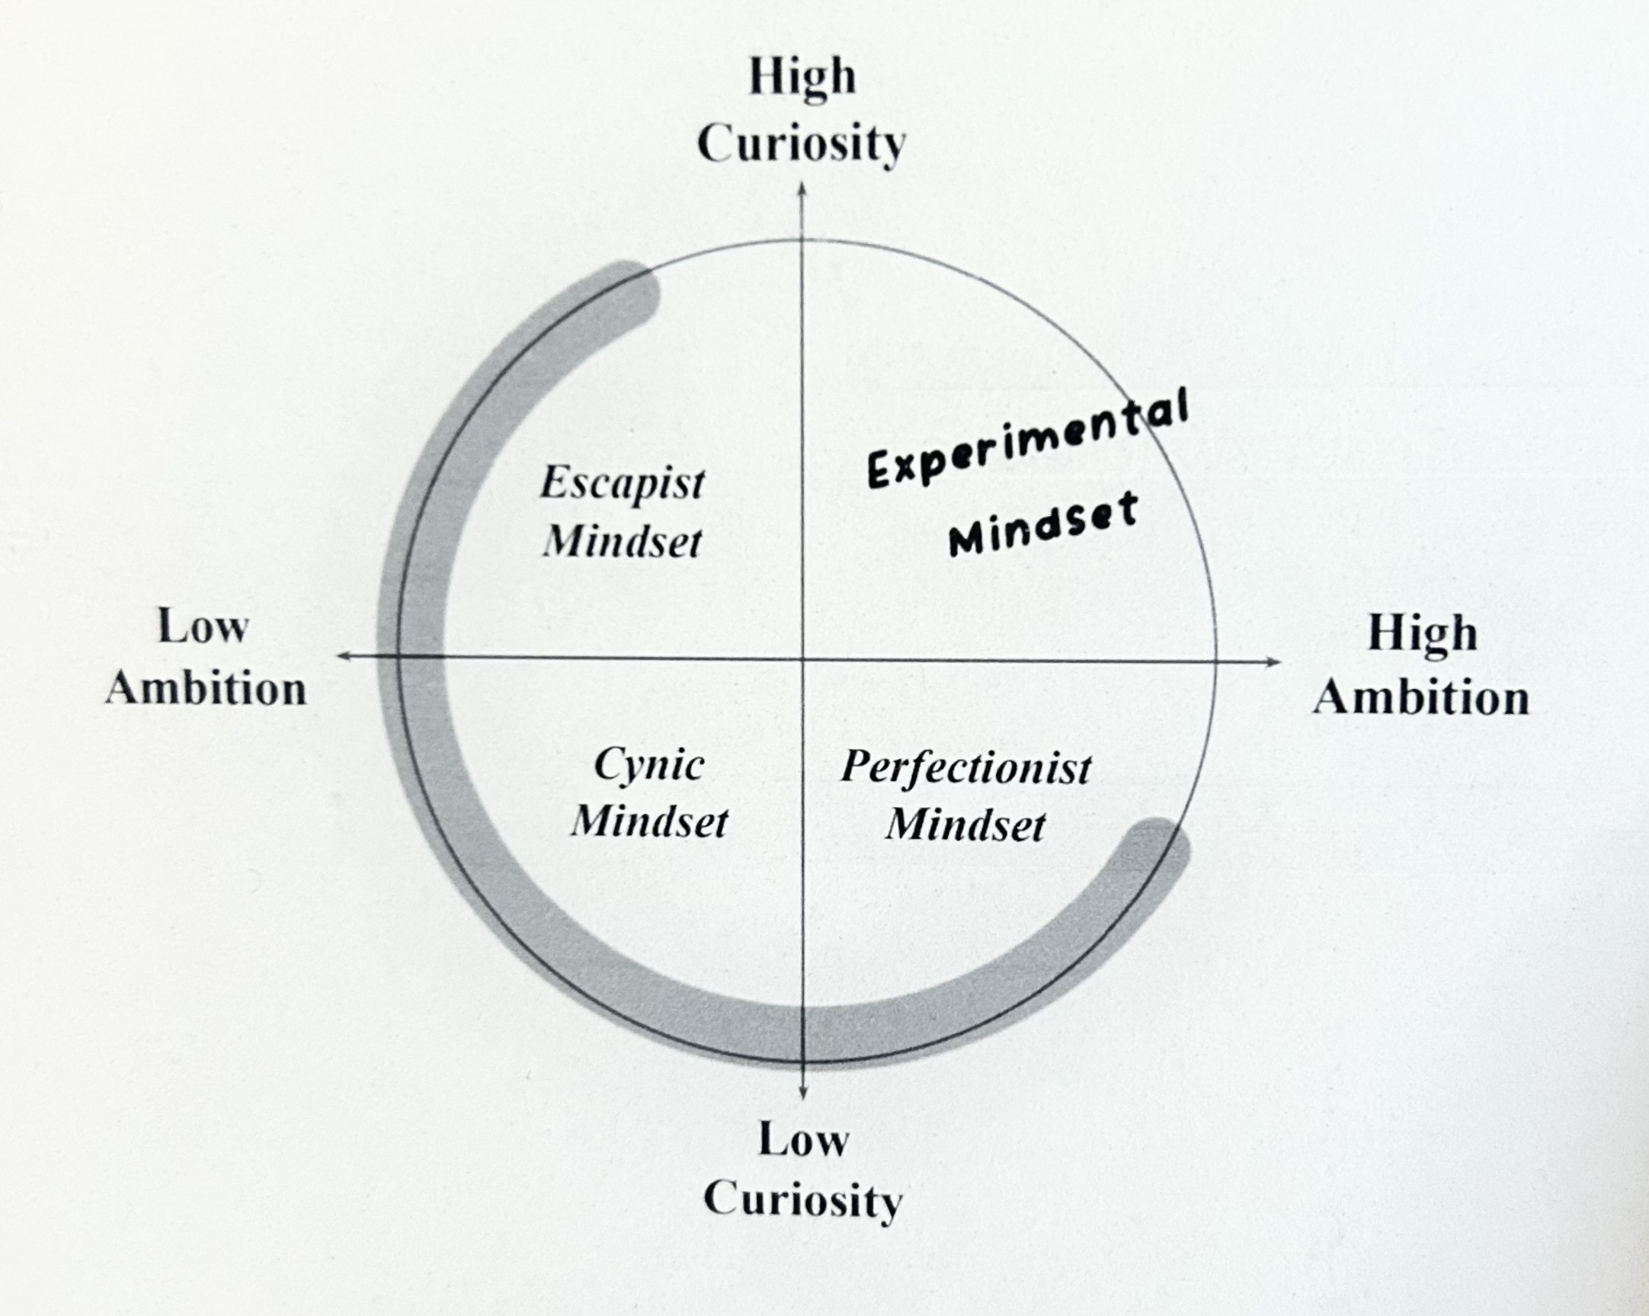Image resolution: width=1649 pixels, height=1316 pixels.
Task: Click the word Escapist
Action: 622,484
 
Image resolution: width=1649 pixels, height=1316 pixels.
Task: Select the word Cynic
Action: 648,764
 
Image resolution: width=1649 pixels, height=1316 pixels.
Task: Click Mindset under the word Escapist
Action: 622,542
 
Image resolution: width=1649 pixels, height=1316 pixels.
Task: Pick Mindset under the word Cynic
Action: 649,823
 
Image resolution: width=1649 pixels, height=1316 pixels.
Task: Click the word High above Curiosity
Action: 802,78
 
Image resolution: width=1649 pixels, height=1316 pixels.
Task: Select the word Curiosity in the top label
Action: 802,144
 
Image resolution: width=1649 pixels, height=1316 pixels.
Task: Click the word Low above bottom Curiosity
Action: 803,1140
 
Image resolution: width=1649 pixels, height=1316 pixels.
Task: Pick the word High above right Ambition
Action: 1422,635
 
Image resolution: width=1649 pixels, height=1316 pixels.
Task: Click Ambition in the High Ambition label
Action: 1421,697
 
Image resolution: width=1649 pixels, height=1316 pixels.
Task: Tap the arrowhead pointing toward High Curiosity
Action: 802,189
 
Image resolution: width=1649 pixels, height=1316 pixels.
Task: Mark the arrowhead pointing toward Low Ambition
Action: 344,656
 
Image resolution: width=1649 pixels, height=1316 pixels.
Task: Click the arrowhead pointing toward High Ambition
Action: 1273,661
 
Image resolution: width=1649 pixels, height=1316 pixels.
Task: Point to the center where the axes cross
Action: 802,658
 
